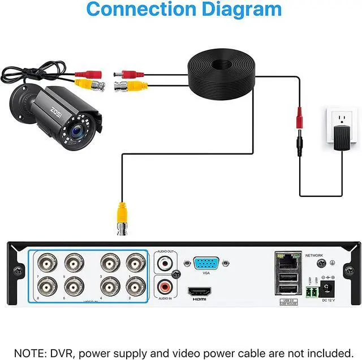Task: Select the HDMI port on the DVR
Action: coord(201,292)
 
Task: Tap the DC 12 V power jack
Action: coord(326,290)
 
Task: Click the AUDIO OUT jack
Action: coord(165,263)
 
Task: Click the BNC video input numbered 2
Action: coord(135,284)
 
